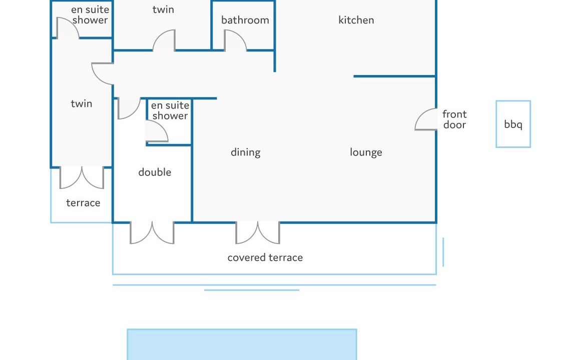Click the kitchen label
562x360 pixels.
(356, 20)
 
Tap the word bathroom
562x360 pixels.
(245, 20)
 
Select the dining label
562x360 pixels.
(246, 152)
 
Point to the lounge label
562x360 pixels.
(366, 152)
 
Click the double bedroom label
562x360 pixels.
(155, 172)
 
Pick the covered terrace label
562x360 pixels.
(265, 257)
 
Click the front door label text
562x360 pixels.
(454, 119)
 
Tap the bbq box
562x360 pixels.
(513, 124)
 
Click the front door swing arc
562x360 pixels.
(419, 114)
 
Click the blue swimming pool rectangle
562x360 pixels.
(242, 344)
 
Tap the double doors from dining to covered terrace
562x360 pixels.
(258, 233)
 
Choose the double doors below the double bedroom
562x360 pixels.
(152, 233)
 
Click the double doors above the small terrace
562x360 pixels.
(82, 177)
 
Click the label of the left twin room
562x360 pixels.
(82, 104)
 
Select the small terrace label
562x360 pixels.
(83, 203)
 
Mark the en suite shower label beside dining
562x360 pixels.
(170, 110)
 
